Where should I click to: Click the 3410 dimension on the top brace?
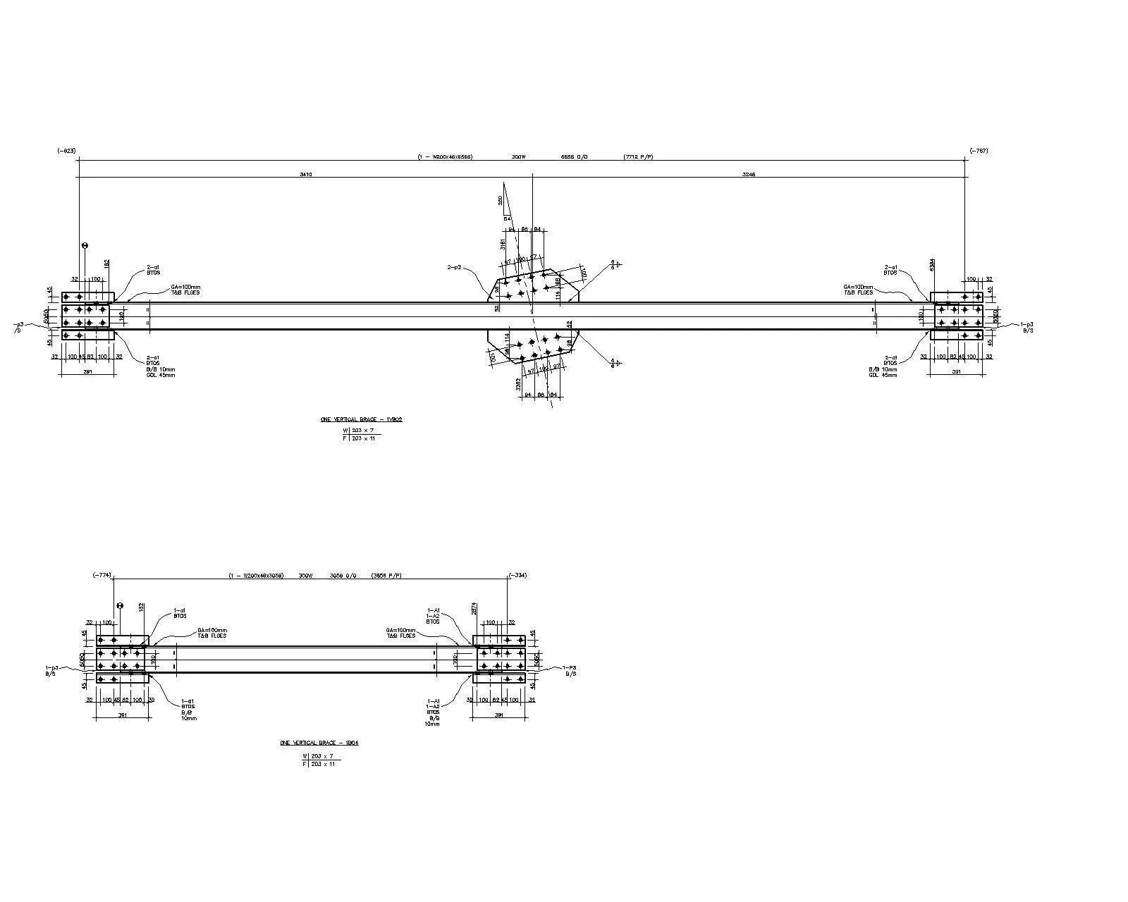click(305, 174)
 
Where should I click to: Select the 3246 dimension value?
click(749, 174)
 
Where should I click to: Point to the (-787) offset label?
click(979, 151)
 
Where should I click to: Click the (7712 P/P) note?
click(638, 156)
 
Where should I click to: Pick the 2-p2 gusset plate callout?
click(454, 268)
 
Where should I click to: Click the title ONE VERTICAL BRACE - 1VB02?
click(361, 419)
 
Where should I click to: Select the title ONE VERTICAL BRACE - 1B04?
click(319, 743)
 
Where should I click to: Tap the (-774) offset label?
click(102, 575)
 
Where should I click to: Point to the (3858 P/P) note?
click(386, 576)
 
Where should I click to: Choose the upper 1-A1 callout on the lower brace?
click(433, 611)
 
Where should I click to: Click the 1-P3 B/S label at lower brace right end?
click(570, 670)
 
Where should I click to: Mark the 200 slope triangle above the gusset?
click(501, 201)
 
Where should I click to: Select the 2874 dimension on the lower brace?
click(474, 608)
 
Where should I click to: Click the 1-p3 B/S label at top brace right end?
click(1027, 327)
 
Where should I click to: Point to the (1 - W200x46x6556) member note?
click(445, 156)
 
